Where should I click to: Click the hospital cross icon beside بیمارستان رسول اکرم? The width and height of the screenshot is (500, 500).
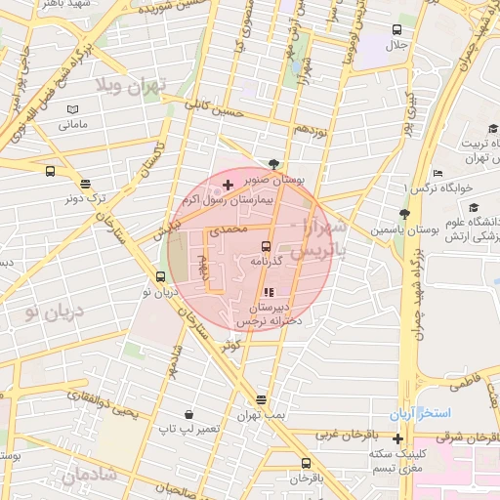(228, 185)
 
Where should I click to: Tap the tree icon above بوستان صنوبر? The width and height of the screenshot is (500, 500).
(273, 164)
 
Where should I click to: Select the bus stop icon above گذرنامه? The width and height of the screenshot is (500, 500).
(267, 245)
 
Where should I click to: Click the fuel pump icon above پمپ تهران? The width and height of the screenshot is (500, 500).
(261, 399)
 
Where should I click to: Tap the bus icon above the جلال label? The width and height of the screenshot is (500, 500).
(396, 29)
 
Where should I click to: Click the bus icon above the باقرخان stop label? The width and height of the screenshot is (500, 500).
(306, 463)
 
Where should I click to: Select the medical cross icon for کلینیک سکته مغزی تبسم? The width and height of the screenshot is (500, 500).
(397, 437)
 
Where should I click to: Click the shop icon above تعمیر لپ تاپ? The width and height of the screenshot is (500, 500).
(187, 413)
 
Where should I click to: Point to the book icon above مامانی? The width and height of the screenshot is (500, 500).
(73, 109)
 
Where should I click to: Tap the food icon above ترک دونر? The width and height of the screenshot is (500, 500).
(86, 183)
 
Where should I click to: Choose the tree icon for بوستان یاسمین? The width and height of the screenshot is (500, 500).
(403, 215)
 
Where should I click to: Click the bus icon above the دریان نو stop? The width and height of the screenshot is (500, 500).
(160, 275)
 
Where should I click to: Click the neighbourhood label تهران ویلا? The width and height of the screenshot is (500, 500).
(133, 87)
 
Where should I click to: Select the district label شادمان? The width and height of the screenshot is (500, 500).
(89, 475)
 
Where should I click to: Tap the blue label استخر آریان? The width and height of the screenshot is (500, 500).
(422, 415)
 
